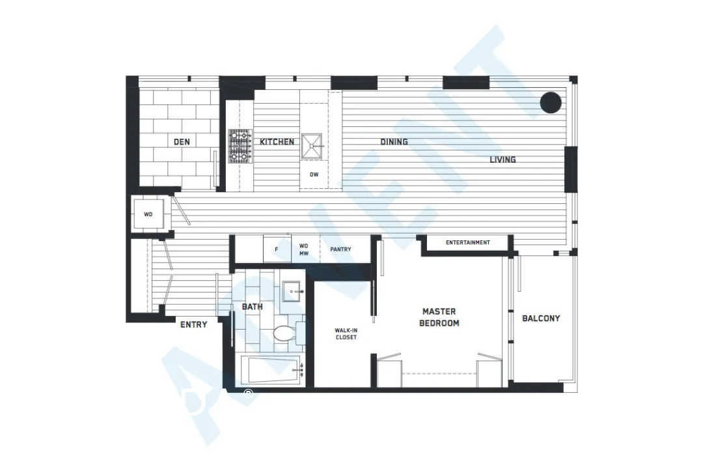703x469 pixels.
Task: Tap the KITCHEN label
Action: pyautogui.click(x=277, y=141)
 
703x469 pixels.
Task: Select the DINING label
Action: pyautogui.click(x=394, y=141)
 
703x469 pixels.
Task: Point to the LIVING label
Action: pyautogui.click(x=503, y=159)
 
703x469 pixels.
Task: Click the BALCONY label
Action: pyautogui.click(x=541, y=319)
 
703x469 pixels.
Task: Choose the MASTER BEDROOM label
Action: pyautogui.click(x=439, y=317)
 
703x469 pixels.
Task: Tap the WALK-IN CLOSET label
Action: pyautogui.click(x=346, y=334)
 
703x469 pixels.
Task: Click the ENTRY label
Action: pyautogui.click(x=193, y=324)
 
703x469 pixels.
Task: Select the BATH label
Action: pyautogui.click(x=252, y=306)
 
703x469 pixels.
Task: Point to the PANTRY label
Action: pyautogui.click(x=340, y=249)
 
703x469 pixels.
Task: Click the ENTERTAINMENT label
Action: pyautogui.click(x=467, y=243)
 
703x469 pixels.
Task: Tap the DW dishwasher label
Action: pyautogui.click(x=314, y=175)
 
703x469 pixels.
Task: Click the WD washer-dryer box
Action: pyautogui.click(x=149, y=214)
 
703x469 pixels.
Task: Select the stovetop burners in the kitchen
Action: pyautogui.click(x=239, y=146)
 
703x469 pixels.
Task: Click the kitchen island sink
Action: pyautogui.click(x=312, y=146)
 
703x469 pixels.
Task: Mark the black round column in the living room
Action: pyautogui.click(x=551, y=102)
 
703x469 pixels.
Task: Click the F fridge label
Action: pyautogui.click(x=277, y=249)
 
